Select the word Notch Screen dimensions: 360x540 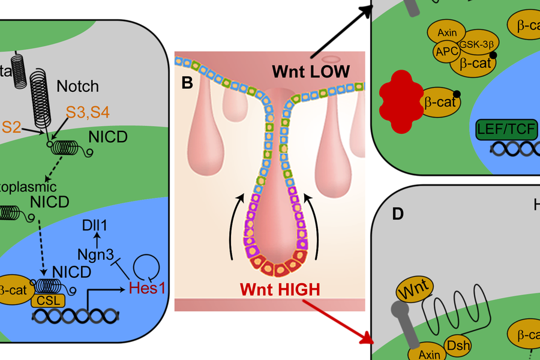click(77, 86)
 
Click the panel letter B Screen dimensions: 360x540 click(187, 82)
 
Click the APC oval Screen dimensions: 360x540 click(446, 52)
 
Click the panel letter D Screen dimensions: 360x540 click(398, 213)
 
